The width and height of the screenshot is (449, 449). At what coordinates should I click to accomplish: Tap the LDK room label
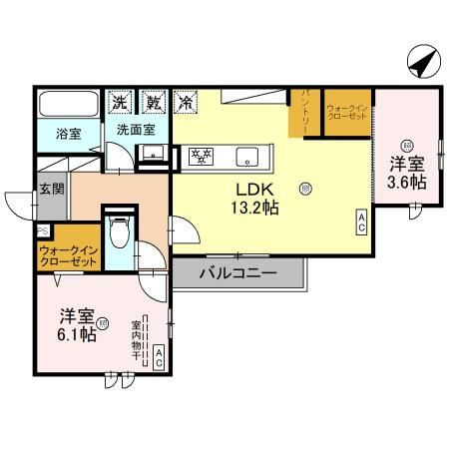click(250, 188)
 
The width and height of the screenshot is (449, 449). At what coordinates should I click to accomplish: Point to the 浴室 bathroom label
click(67, 131)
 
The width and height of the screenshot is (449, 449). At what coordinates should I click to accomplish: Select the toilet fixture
click(118, 231)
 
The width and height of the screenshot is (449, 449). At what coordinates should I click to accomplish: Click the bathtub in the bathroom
click(67, 103)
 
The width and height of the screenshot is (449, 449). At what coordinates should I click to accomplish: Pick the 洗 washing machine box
click(119, 101)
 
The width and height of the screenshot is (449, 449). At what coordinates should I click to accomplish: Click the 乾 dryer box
click(153, 101)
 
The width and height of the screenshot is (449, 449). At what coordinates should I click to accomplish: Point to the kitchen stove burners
click(203, 155)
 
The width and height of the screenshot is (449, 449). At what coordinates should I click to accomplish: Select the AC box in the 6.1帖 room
click(158, 358)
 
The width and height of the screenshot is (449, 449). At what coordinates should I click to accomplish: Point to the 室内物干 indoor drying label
click(136, 340)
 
